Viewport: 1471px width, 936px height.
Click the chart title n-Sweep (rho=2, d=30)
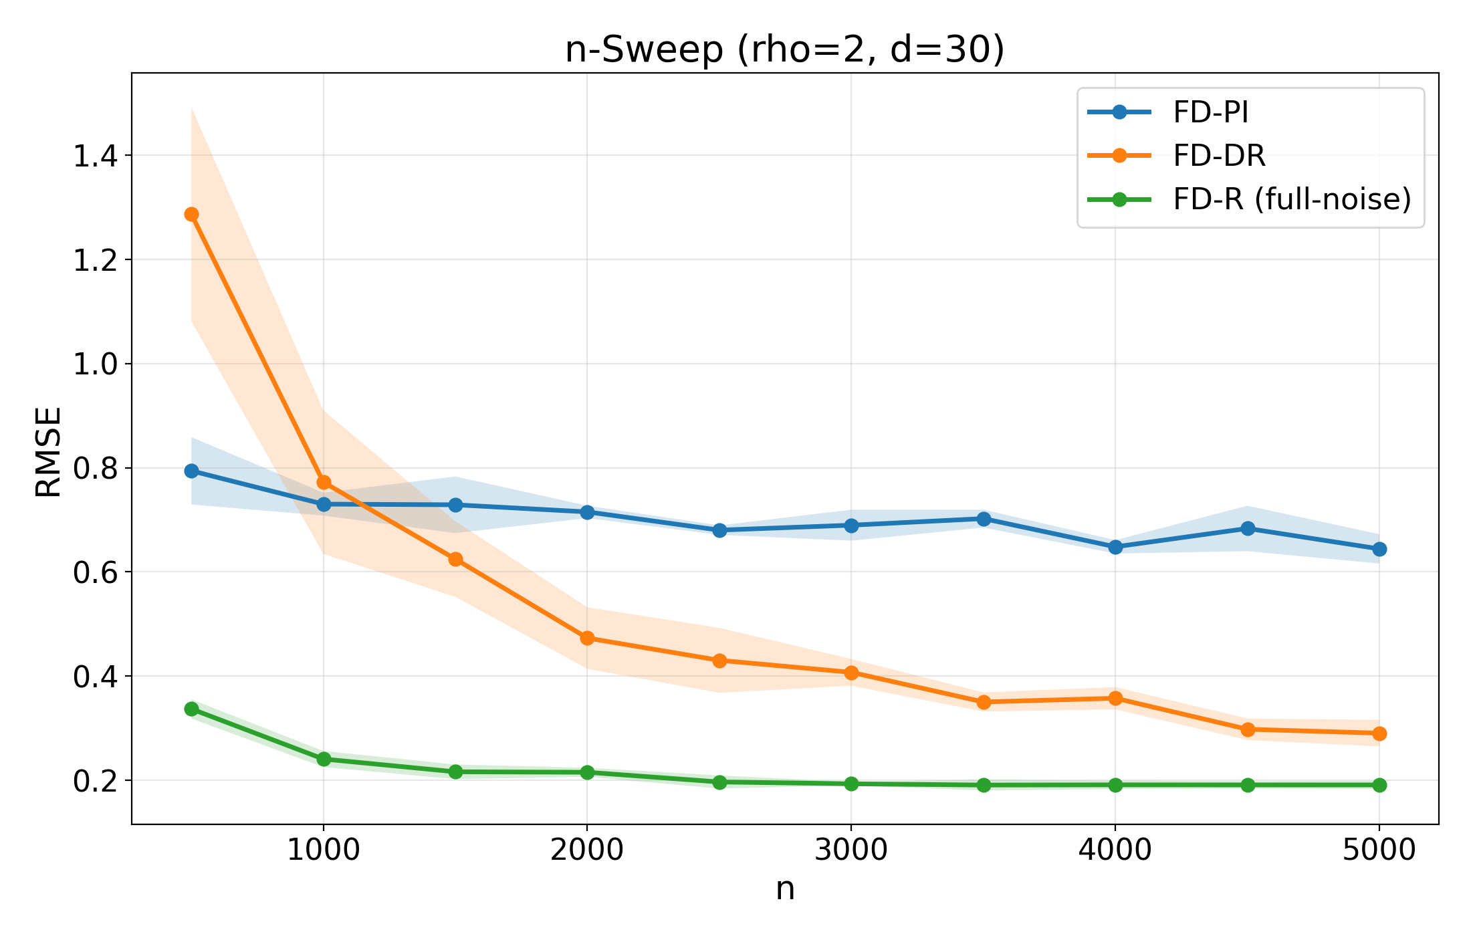point(784,50)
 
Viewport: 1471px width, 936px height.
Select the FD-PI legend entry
point(1210,112)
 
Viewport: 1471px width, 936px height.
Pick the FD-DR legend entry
point(1219,156)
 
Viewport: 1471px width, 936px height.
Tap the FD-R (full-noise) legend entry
point(1292,199)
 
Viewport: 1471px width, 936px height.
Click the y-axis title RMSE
point(48,452)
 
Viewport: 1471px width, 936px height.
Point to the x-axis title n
point(785,889)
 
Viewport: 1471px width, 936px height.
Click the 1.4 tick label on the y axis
point(94,156)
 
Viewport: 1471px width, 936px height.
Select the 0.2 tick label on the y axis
point(94,781)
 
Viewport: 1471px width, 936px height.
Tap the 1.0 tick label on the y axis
point(94,364)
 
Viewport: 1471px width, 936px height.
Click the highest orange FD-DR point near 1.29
point(191,214)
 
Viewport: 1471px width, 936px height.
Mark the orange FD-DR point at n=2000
point(587,638)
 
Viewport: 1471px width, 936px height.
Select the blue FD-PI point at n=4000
point(1115,547)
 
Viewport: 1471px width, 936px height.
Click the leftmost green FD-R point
point(191,709)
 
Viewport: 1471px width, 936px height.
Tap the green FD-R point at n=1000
point(324,759)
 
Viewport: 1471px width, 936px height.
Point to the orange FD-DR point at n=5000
point(1379,733)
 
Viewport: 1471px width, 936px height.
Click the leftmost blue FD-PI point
point(191,471)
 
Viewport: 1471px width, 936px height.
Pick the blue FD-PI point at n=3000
point(851,525)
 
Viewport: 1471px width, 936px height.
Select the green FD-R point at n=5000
point(1379,785)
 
